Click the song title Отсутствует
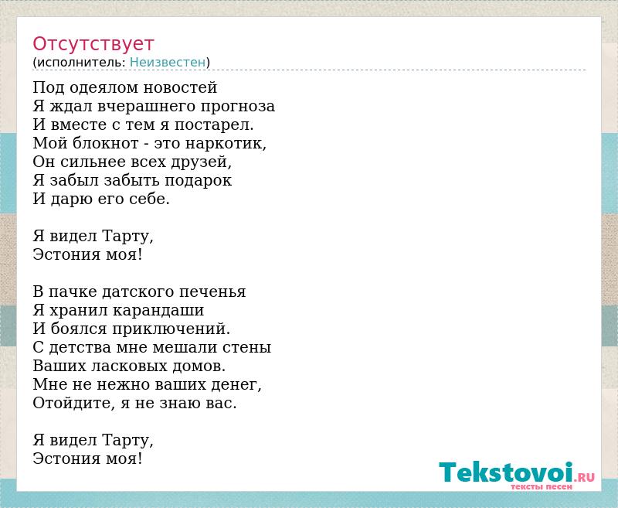point(93,44)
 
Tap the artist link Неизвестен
point(168,63)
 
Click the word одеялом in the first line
point(104,87)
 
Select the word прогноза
point(238,107)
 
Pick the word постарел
point(214,125)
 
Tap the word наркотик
point(226,144)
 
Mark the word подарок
point(199,181)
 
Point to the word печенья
point(212,292)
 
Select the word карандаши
point(158,310)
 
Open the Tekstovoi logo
point(517,472)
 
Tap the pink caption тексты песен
point(542,486)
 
